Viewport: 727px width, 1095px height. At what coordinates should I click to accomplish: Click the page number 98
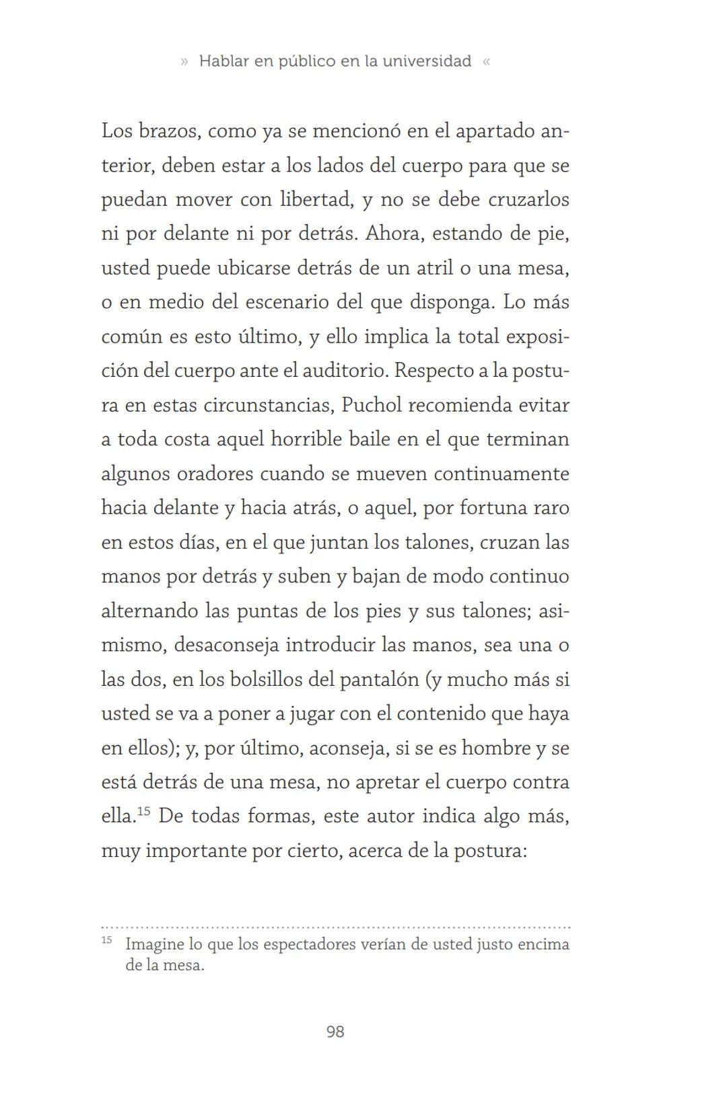pyautogui.click(x=335, y=1032)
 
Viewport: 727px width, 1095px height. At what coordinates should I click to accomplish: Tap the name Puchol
pyautogui.click(x=372, y=405)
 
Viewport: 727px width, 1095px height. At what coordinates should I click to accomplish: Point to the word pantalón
pyautogui.click(x=379, y=680)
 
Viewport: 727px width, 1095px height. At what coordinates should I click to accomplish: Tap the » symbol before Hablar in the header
pyautogui.click(x=184, y=62)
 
